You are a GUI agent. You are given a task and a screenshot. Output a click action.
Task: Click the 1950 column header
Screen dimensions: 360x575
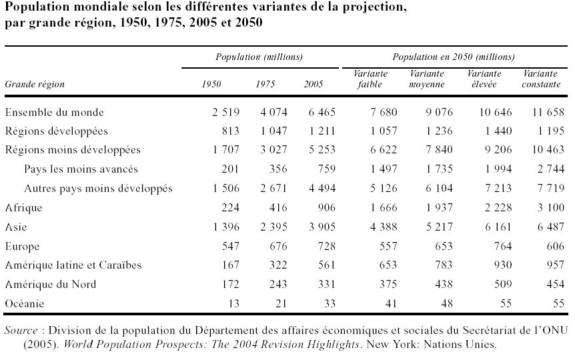click(x=212, y=84)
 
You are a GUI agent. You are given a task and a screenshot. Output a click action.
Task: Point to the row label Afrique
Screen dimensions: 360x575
click(x=23, y=207)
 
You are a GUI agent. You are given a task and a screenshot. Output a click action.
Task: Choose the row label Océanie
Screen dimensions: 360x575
click(x=25, y=303)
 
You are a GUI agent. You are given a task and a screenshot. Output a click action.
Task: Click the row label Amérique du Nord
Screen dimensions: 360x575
click(x=51, y=284)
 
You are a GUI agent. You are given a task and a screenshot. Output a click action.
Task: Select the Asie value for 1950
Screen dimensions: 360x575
click(x=225, y=227)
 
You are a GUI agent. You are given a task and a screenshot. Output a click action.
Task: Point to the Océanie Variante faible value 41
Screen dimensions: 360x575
click(x=390, y=303)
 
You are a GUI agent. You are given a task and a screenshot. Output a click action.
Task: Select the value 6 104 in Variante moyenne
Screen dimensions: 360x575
click(x=437, y=189)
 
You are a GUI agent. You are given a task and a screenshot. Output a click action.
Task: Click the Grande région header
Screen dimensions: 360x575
click(x=35, y=85)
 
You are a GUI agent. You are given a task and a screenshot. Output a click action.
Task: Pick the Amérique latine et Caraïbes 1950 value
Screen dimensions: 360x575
click(x=231, y=265)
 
